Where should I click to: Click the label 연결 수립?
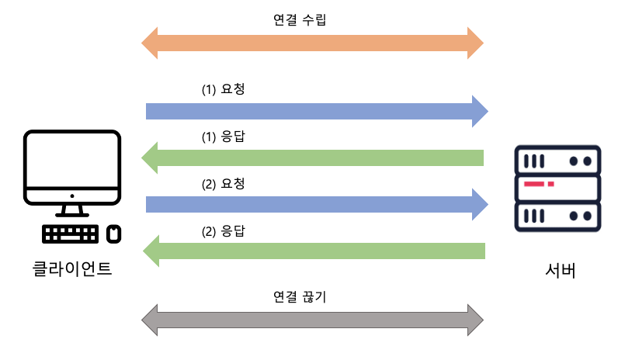295,19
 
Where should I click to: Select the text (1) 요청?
224,89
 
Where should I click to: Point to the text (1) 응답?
224,137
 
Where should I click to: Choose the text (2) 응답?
224,231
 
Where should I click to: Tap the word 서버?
560,272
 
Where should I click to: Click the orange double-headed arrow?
312,43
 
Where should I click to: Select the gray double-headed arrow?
312,320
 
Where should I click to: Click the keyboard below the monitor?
71,234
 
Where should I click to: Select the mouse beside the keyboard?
113,234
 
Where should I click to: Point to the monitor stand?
72,209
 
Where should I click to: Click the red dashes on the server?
538,185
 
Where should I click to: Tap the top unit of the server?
558,161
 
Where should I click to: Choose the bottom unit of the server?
558,215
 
